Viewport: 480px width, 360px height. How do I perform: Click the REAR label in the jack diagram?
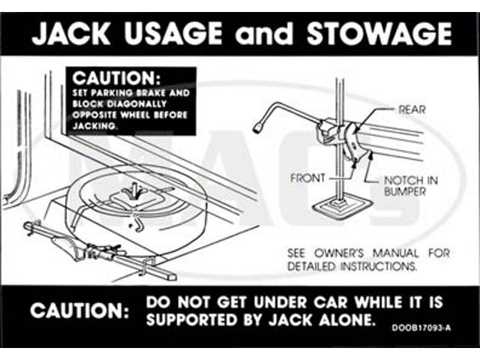pos(412,109)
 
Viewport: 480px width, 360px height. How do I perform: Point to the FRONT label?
pos(307,178)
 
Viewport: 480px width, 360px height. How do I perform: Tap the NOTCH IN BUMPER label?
pos(411,186)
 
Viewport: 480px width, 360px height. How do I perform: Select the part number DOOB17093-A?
pos(421,328)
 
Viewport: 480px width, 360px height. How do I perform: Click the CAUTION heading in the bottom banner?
pos(79,311)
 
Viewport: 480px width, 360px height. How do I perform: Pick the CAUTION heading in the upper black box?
pos(116,78)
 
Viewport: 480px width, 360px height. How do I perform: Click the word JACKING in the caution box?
pos(95,126)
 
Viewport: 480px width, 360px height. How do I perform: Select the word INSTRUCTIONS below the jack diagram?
pos(379,266)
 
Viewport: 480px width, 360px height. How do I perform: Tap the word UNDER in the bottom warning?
pos(280,302)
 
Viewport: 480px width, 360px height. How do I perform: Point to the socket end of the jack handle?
pos(258,128)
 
